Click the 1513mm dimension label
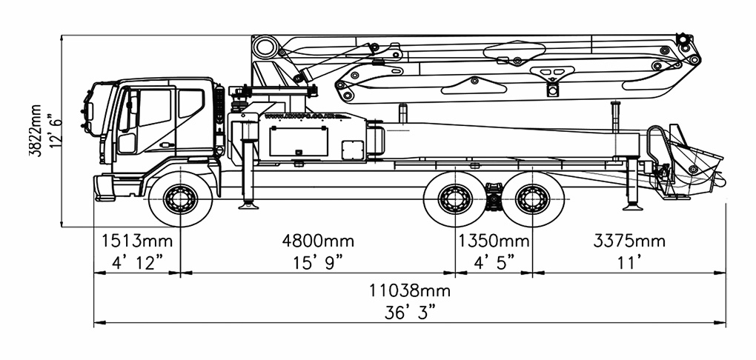tap(136, 241)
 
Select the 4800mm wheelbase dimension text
tap(318, 241)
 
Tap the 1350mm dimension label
tap(494, 241)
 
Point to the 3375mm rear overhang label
tap(629, 241)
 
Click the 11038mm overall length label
tap(410, 290)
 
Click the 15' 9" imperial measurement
tap(318, 261)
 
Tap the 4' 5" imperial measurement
tap(494, 261)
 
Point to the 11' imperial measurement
tap(629, 261)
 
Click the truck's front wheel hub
tap(180, 199)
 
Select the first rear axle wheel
tap(455, 199)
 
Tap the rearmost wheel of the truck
tap(532, 199)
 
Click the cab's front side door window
tap(154, 108)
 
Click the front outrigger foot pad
tap(248, 205)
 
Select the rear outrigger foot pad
tap(632, 205)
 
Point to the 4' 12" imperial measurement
tap(136, 261)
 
